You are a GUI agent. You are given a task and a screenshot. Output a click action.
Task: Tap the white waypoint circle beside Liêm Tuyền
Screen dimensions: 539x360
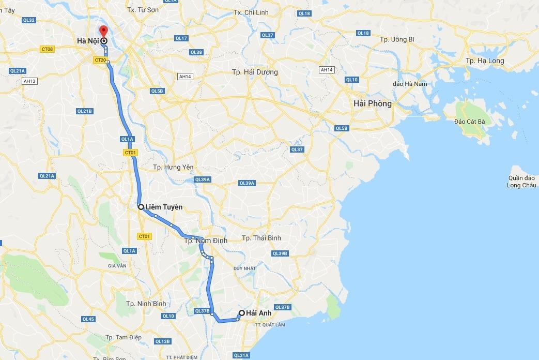tap(141, 207)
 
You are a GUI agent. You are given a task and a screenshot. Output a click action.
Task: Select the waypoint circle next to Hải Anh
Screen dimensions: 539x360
tap(241, 312)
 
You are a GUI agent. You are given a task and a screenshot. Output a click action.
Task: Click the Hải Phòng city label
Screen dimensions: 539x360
tap(372, 103)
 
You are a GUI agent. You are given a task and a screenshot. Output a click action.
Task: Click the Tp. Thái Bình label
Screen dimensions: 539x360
tap(261, 238)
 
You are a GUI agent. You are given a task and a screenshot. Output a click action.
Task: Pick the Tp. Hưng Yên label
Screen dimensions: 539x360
tap(173, 167)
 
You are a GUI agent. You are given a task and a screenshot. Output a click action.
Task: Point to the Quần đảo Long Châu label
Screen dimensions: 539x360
tap(521, 182)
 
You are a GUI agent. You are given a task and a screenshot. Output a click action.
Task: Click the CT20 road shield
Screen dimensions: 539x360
tap(100, 61)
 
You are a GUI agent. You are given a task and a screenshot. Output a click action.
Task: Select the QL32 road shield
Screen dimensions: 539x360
tap(29, 20)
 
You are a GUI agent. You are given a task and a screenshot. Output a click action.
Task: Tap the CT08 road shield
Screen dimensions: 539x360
tap(48, 49)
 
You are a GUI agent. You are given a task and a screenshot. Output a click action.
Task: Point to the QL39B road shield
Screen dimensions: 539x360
tap(279, 253)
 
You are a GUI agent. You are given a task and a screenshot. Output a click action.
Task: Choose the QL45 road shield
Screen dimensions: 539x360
tap(88, 319)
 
